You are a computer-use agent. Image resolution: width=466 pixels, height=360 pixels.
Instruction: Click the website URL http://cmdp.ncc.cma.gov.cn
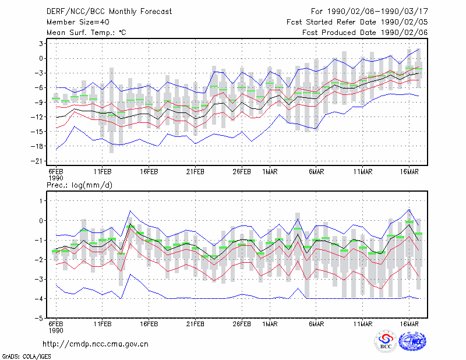(x=96, y=344)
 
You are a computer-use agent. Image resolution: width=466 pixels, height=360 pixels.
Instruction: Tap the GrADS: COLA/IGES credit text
(x=26, y=357)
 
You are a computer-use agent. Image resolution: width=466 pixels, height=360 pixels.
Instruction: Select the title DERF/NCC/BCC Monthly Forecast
(x=109, y=12)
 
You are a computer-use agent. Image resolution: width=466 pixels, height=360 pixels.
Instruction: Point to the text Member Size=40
(x=78, y=22)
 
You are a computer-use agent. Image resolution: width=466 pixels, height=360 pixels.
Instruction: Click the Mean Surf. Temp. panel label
(x=86, y=33)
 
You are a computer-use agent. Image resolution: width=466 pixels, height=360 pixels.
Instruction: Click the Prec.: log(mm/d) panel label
(x=79, y=185)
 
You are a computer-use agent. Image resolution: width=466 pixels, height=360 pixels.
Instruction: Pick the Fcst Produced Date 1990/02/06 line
(x=365, y=33)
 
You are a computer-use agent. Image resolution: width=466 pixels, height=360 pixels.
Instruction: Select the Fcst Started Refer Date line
(x=357, y=22)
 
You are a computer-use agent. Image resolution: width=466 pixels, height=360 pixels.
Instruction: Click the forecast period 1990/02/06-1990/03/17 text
(x=369, y=12)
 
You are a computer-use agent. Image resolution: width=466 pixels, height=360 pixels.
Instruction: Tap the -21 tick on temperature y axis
(x=37, y=161)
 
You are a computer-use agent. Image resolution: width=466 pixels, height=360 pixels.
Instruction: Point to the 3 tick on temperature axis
(x=41, y=44)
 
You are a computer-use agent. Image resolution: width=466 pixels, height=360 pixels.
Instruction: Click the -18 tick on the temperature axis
(x=37, y=146)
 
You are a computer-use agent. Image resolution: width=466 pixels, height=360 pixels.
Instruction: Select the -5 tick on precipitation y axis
(x=39, y=319)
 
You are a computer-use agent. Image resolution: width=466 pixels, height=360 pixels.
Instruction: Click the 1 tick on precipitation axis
(x=41, y=201)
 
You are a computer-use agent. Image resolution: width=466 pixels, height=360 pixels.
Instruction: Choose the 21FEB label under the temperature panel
(x=195, y=172)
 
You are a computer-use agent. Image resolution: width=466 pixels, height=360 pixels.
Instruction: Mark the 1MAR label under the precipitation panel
(x=270, y=324)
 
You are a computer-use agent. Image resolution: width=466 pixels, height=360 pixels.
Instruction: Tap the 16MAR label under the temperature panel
(x=409, y=172)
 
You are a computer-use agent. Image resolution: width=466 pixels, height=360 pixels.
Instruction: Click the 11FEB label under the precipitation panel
(x=103, y=324)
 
